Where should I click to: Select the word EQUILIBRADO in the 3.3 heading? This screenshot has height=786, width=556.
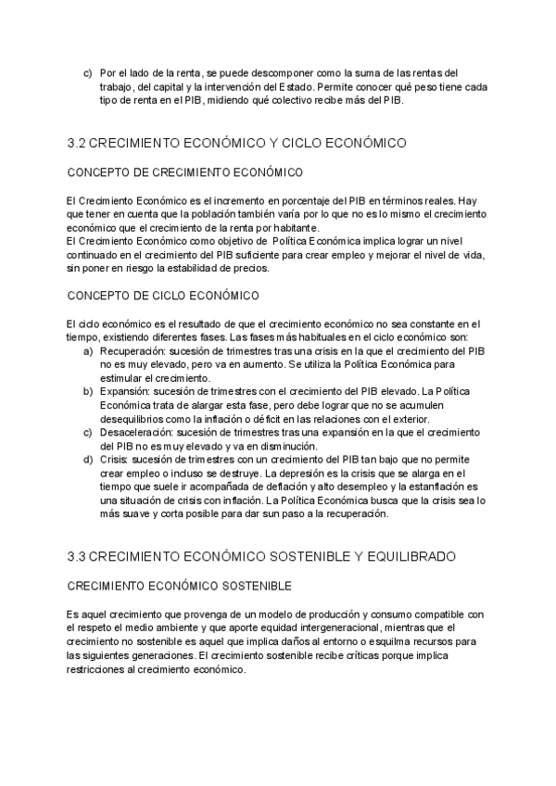406,556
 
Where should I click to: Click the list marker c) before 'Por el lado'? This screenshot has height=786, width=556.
87,73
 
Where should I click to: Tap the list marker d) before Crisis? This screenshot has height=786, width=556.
87,459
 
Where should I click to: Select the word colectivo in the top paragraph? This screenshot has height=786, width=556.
307,100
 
